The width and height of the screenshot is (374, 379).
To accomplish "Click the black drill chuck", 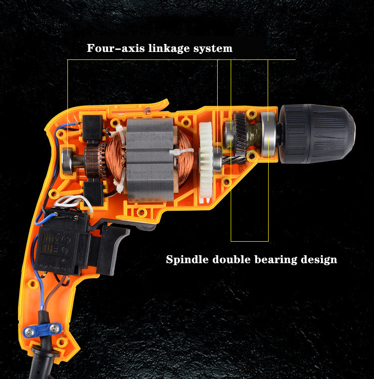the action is pyautogui.click(x=317, y=134).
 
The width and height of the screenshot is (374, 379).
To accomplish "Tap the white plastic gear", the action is pyautogui.click(x=206, y=160).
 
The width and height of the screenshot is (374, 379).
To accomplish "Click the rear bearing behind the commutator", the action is pyautogui.click(x=68, y=161).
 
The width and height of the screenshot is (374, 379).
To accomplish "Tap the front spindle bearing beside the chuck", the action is pyautogui.click(x=268, y=134).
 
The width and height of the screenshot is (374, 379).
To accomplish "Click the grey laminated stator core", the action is pyautogui.click(x=150, y=160).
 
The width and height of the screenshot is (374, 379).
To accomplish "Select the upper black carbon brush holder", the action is pyautogui.click(x=92, y=128).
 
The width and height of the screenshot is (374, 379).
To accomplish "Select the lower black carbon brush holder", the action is pyautogui.click(x=94, y=194).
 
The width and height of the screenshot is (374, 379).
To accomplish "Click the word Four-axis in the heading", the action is pyautogui.click(x=116, y=48).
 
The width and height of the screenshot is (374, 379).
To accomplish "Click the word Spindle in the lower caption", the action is pyautogui.click(x=187, y=260).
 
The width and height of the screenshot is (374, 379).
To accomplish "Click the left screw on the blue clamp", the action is pyautogui.click(x=30, y=333).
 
